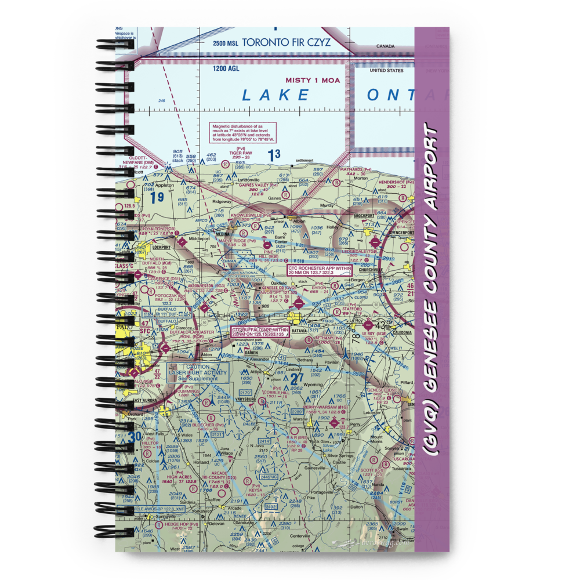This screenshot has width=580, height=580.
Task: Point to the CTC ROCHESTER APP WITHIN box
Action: click(320, 270)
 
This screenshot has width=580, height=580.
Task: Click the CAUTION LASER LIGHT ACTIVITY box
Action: click(198, 372)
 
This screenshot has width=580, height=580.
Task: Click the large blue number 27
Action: click(296, 380)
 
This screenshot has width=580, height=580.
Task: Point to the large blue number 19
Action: click(157, 198)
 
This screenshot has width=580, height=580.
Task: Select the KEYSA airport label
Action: click(255, 489)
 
